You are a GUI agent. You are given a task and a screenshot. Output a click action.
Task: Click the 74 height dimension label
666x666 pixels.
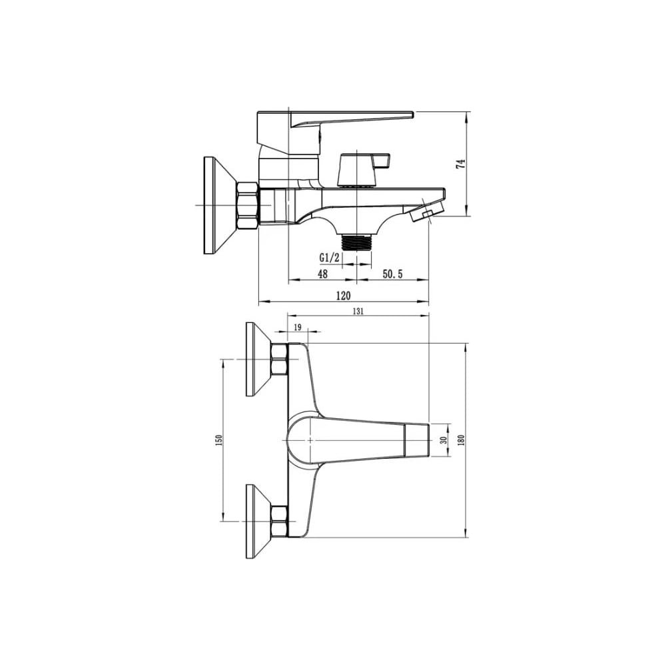(461, 165)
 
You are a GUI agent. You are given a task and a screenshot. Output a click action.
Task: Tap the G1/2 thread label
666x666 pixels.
(330, 258)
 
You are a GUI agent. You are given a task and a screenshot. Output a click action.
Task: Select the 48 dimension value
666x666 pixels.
(323, 274)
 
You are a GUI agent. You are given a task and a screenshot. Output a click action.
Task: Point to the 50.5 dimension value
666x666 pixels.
(392, 274)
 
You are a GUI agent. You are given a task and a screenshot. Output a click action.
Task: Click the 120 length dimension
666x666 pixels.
(343, 295)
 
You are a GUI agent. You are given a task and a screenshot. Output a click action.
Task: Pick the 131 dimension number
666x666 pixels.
(358, 311)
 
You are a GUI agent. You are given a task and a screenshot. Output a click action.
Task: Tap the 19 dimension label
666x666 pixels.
(297, 327)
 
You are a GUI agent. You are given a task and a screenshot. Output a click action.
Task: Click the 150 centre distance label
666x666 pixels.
(219, 440)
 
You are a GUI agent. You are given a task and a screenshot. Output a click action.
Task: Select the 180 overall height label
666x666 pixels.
(462, 440)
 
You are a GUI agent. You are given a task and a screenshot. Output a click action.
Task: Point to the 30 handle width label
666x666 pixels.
(444, 440)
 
